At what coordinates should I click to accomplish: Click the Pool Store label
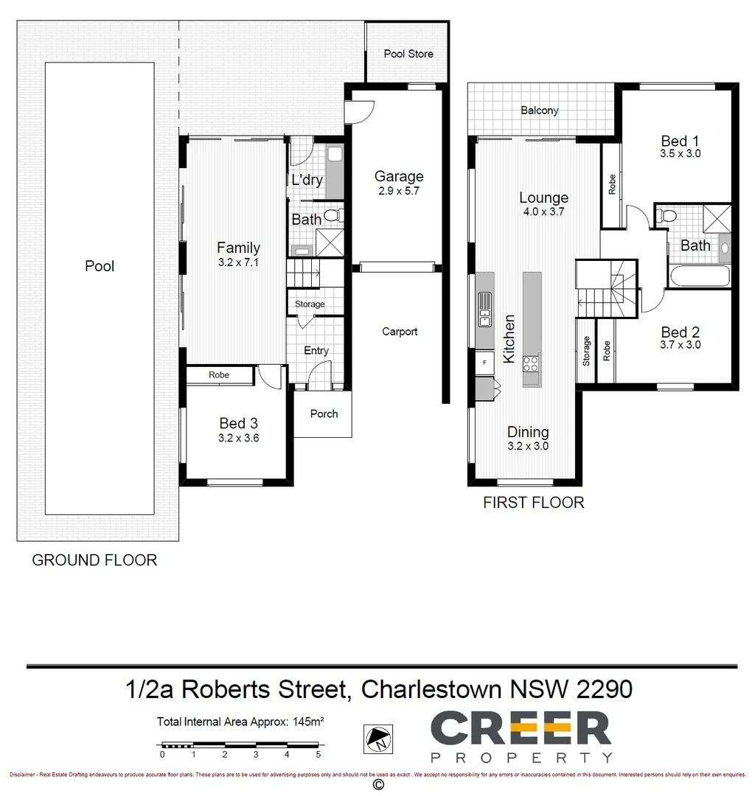click(408, 54)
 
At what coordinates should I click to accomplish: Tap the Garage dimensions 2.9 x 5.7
click(399, 191)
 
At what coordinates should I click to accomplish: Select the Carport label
click(400, 332)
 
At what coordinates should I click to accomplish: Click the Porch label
click(324, 414)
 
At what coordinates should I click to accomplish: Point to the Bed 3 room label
click(238, 423)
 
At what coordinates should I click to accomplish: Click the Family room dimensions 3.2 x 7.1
click(238, 262)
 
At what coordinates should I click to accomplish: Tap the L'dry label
click(307, 180)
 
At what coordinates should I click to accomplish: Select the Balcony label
click(539, 111)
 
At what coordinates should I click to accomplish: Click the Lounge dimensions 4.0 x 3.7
click(543, 212)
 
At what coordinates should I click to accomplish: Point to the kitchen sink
click(484, 309)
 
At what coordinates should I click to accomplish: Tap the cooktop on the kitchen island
click(531, 363)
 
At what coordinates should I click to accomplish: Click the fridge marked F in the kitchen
click(484, 363)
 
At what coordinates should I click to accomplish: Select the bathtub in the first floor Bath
click(700, 277)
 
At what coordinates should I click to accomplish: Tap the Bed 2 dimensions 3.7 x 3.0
click(680, 344)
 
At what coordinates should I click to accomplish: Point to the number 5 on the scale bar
click(318, 755)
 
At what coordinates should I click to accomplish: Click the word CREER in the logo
click(521, 729)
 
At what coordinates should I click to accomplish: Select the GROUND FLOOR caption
click(94, 560)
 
